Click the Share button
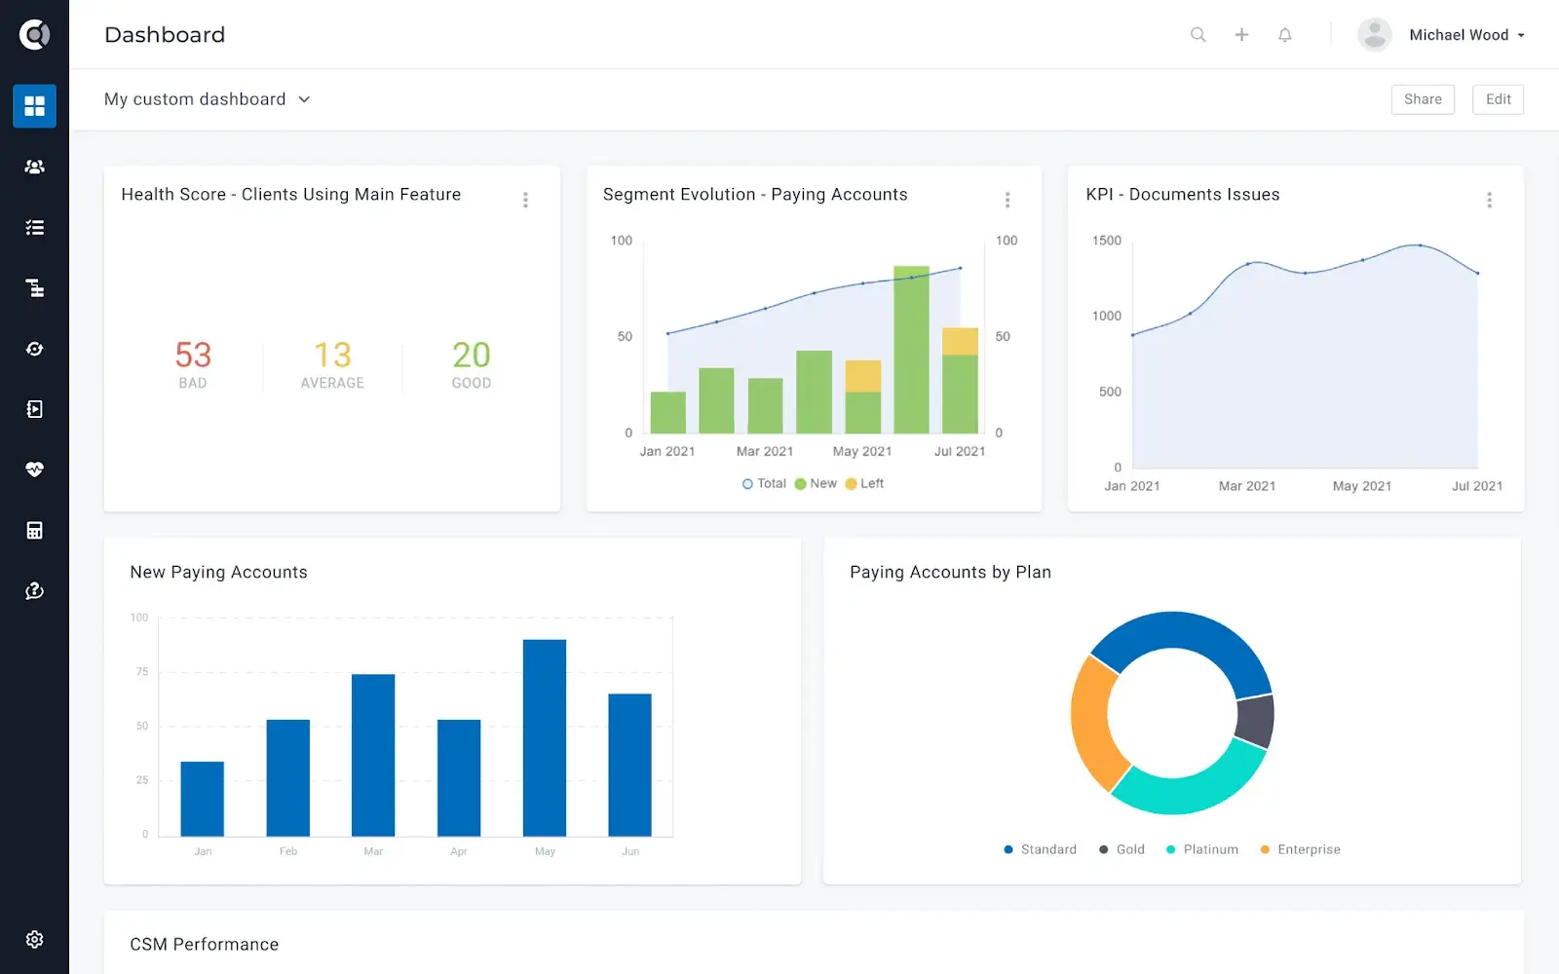coord(1422,99)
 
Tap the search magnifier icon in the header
coord(1198,35)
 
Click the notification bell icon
coord(1284,35)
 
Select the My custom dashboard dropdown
coord(207,99)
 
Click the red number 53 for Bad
coord(193,355)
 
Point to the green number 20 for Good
coord(471,355)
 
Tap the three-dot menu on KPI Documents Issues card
coord(1488,200)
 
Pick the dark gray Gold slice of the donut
coord(1255,721)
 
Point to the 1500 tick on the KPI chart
coord(1106,241)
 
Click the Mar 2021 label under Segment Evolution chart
coord(764,451)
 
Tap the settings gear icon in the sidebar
coord(34,939)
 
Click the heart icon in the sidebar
coord(34,469)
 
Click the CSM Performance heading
coord(204,944)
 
